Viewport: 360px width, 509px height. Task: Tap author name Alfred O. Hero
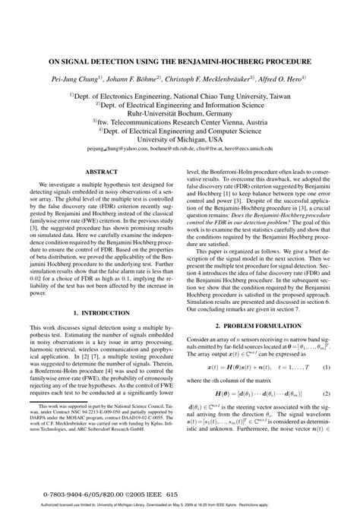pos(278,77)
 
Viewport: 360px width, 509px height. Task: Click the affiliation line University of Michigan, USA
pos(180,140)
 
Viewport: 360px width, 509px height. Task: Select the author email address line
pos(180,150)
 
